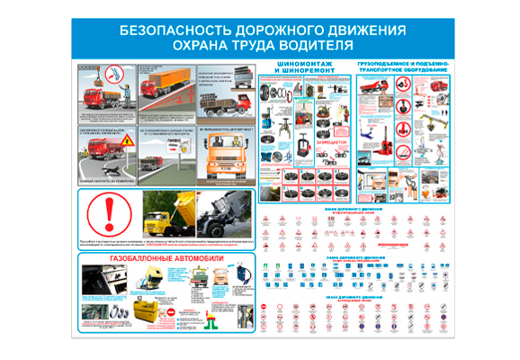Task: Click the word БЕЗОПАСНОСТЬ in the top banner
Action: click(172, 31)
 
